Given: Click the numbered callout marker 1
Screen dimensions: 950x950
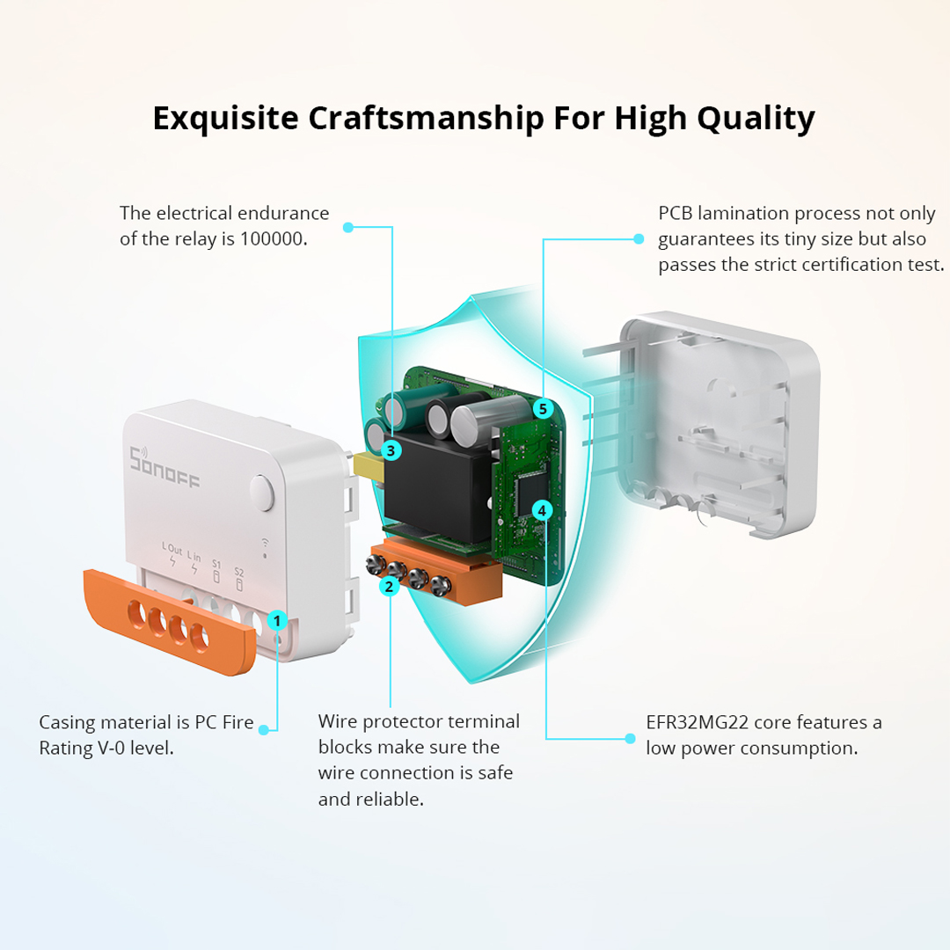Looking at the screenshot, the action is [277, 620].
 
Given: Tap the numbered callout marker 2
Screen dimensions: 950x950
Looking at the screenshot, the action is [389, 586].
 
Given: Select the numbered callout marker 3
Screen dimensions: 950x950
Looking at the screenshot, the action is [391, 450].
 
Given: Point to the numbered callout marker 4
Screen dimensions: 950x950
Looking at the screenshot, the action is [542, 511].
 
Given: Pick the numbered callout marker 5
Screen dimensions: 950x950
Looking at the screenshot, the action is [543, 409].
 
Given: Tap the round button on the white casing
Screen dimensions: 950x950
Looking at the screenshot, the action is [262, 493].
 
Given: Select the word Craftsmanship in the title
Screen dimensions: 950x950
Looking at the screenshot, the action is [426, 118].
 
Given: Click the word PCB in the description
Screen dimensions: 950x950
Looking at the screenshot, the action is [675, 213].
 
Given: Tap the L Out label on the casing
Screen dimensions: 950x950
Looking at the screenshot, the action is [172, 549].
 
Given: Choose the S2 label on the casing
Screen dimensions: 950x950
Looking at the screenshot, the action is [239, 572].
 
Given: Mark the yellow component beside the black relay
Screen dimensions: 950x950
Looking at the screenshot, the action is [369, 467].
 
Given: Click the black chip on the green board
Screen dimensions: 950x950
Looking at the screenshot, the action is [530, 490].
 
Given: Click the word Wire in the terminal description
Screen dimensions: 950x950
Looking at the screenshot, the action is [338, 721].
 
